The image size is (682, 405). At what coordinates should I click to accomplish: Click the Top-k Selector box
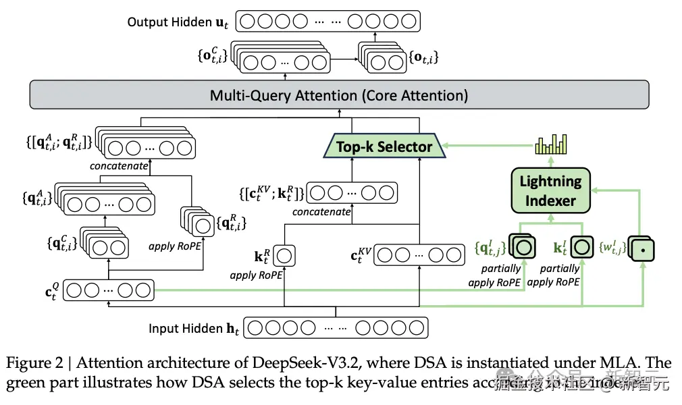384,146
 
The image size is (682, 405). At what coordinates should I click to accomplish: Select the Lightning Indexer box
550,190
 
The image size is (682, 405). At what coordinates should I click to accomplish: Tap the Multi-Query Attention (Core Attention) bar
338,95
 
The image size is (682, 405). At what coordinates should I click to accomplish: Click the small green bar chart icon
550,144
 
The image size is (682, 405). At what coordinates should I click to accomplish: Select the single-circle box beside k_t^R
284,256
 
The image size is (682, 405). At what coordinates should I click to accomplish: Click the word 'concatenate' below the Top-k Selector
321,212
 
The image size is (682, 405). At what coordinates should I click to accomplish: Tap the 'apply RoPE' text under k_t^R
256,275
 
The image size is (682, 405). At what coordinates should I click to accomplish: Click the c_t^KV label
361,256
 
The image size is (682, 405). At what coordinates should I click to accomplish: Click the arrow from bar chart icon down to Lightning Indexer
550,161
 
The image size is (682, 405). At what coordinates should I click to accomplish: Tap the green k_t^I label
560,248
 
